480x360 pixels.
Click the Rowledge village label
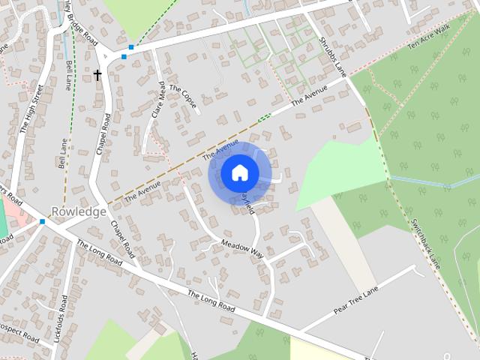click(78, 211)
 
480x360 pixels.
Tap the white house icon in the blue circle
click(239, 173)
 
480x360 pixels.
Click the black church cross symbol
click(97, 75)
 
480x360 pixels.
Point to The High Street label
click(32, 109)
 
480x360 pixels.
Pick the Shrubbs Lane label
click(333, 57)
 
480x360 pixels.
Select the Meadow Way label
click(242, 248)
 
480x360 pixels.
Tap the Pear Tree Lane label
click(358, 298)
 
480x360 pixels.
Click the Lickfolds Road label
click(61, 314)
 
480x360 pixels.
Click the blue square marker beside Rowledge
click(43, 221)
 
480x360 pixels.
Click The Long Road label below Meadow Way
click(211, 301)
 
